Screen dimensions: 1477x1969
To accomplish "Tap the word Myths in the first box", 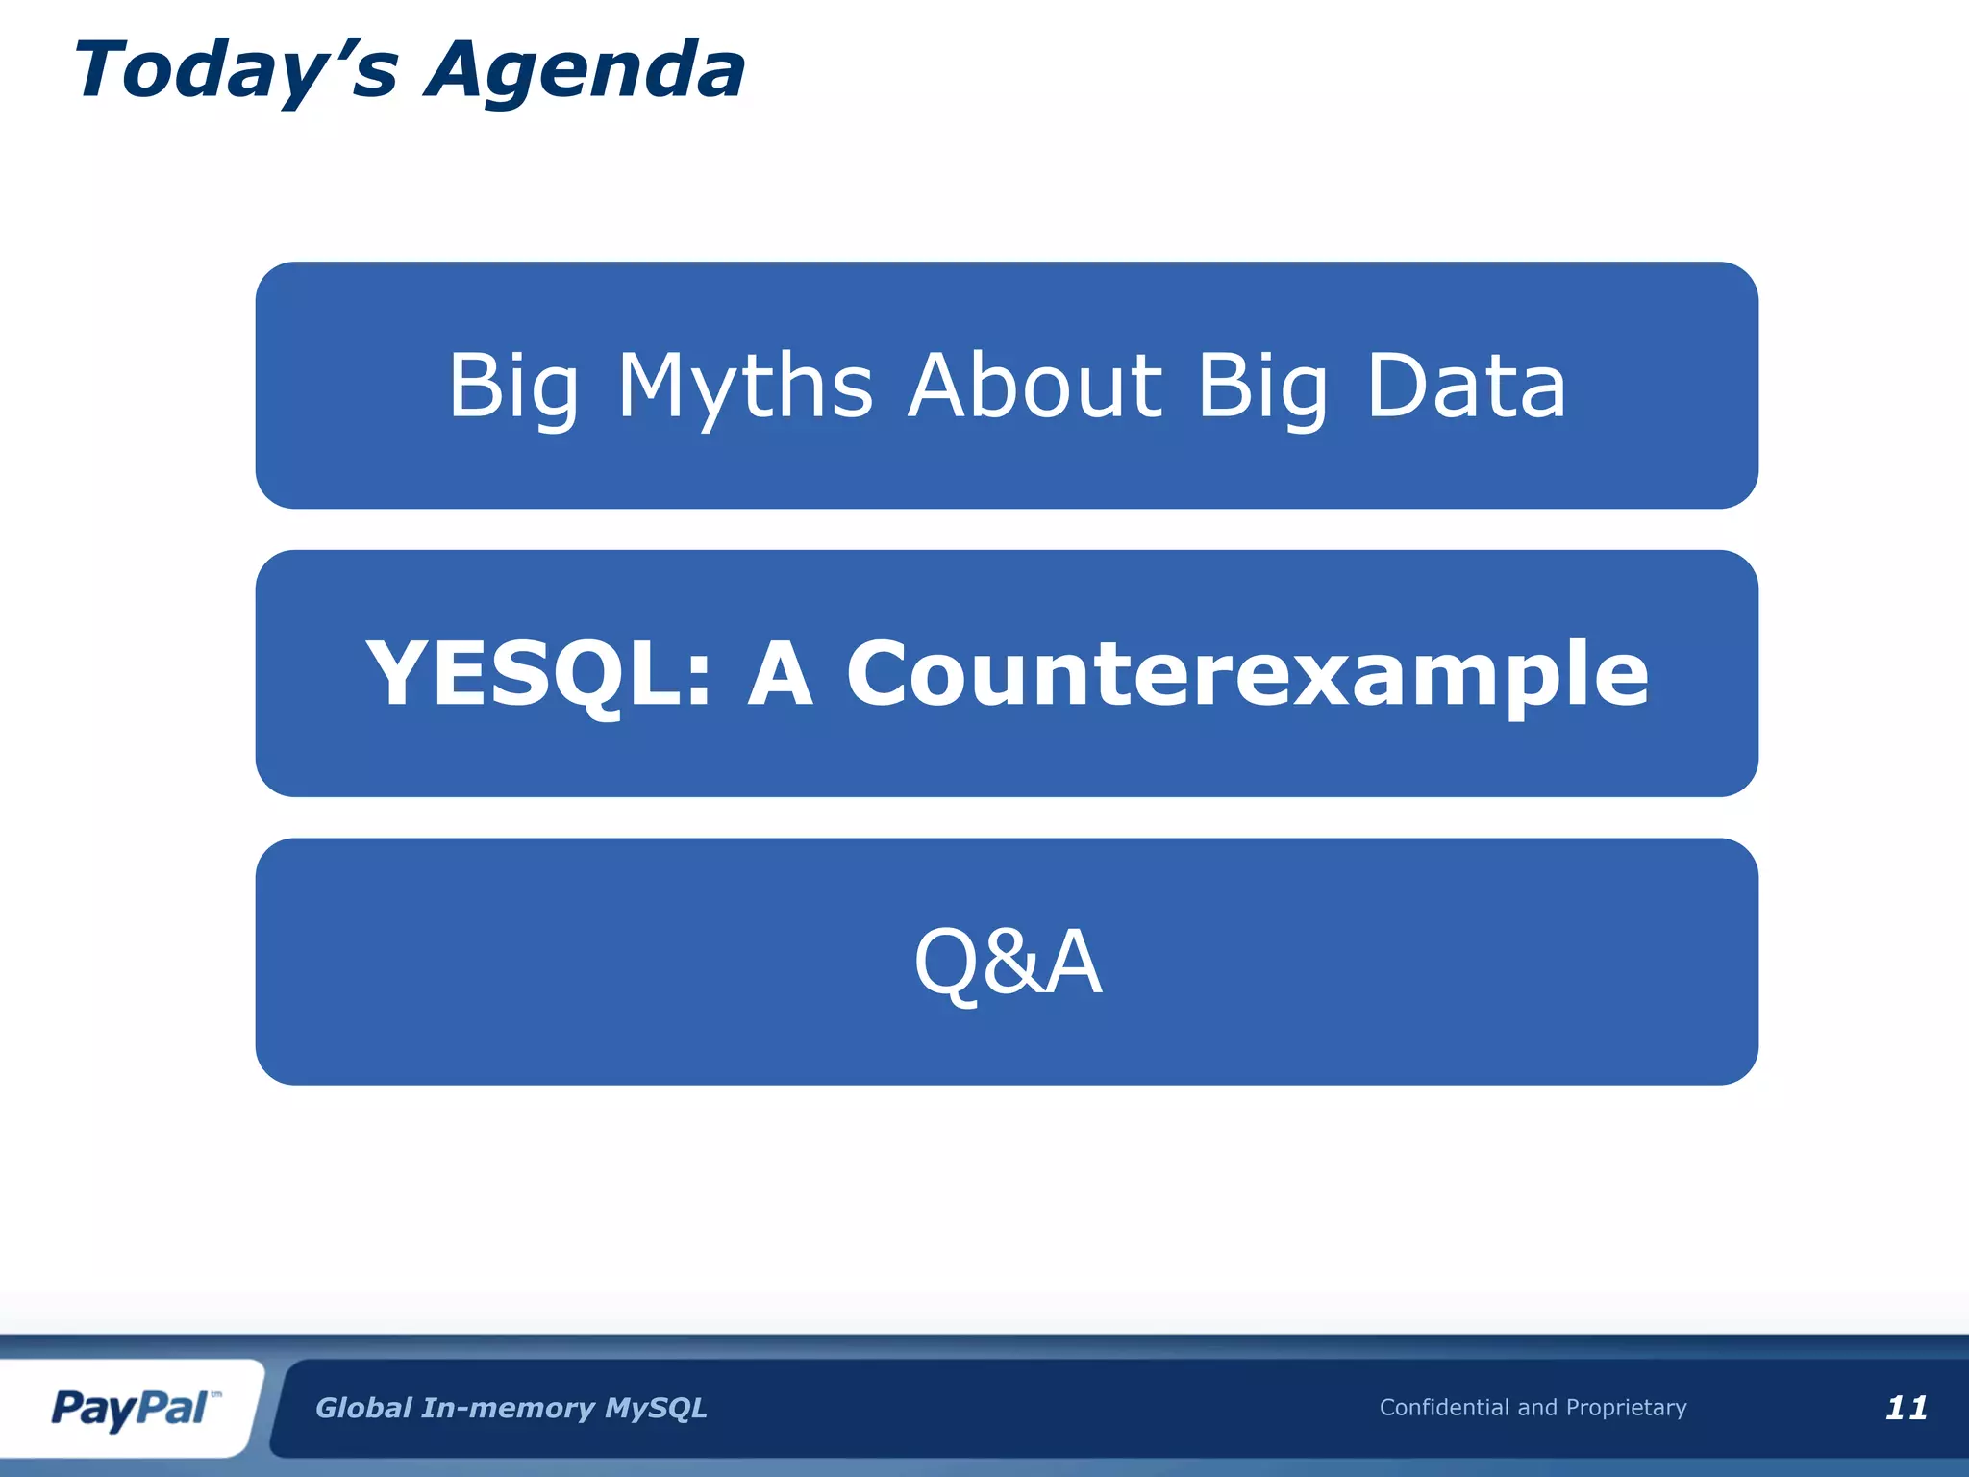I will coord(745,387).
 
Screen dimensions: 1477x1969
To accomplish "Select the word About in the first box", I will coord(1035,387).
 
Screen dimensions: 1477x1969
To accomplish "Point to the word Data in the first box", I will coord(1466,387).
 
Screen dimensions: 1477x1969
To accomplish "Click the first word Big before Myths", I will coord(513,387).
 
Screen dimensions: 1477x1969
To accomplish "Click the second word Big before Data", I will coord(1262,387).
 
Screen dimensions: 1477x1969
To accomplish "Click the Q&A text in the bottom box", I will coord(1007,962).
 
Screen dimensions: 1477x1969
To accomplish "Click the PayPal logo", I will coord(130,1409).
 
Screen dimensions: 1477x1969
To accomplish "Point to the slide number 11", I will coord(1906,1408).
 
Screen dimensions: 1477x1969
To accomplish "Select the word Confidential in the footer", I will coord(1444,1408).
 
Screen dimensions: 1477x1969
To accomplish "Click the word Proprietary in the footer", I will coord(1626,1408).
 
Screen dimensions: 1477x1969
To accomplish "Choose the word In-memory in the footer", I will coord(509,1409).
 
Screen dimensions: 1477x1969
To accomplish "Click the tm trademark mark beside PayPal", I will coord(216,1393).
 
